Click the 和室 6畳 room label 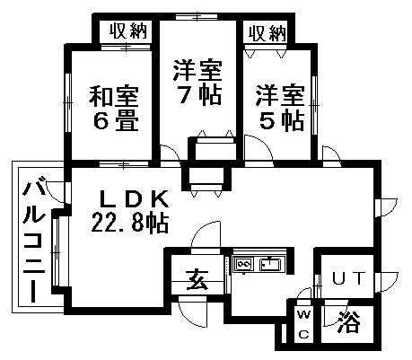tap(114, 109)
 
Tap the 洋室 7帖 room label tap(197, 83)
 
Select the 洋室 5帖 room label tap(280, 108)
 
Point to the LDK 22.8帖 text tap(130, 212)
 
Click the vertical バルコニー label tap(34, 241)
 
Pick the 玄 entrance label tap(197, 279)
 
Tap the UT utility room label tap(349, 278)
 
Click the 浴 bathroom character tap(348, 322)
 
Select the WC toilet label tap(304, 324)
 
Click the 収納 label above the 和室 tap(128, 31)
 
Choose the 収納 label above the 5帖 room tap(267, 33)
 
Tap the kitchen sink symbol tap(270, 264)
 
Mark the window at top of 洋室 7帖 tap(197, 17)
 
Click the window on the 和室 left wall tap(68, 102)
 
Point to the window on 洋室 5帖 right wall tap(314, 106)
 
